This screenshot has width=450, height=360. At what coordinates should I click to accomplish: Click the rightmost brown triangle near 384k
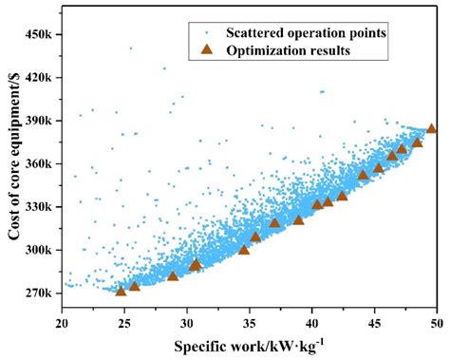pyautogui.click(x=432, y=128)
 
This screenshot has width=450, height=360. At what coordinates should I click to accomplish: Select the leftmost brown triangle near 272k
pyautogui.click(x=121, y=290)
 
